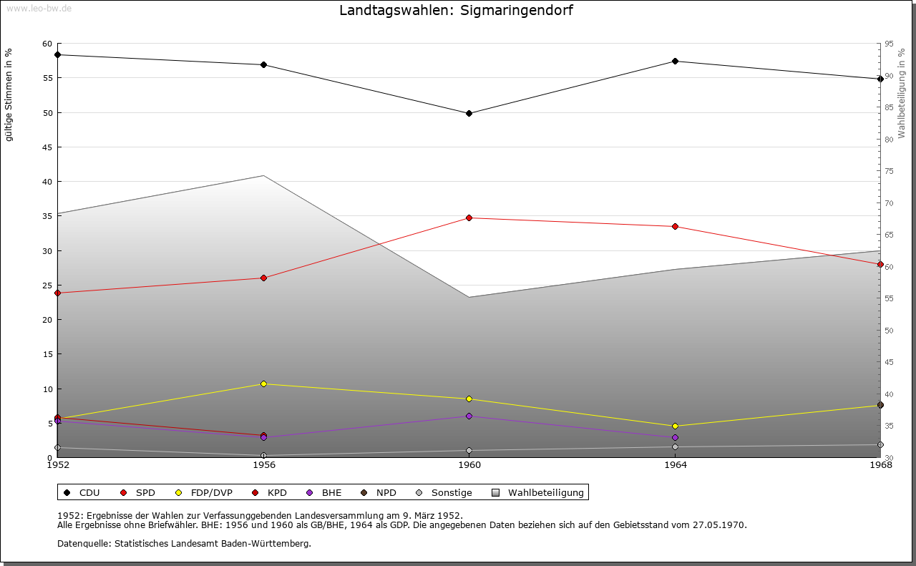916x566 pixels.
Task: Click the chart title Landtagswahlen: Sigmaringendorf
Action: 456,11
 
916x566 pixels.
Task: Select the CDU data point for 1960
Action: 469,113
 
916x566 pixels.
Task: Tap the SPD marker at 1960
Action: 469,218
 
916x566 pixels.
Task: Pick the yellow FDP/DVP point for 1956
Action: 263,384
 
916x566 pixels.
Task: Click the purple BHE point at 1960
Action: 469,416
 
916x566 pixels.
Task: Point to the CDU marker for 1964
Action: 675,61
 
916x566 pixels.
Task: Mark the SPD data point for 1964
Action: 675,227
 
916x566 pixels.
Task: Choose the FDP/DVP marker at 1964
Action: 675,426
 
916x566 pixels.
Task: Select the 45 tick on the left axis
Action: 47,147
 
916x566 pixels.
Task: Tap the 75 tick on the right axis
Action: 889,171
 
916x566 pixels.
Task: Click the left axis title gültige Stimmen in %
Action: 9,95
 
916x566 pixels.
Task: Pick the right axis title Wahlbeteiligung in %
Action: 902,93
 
